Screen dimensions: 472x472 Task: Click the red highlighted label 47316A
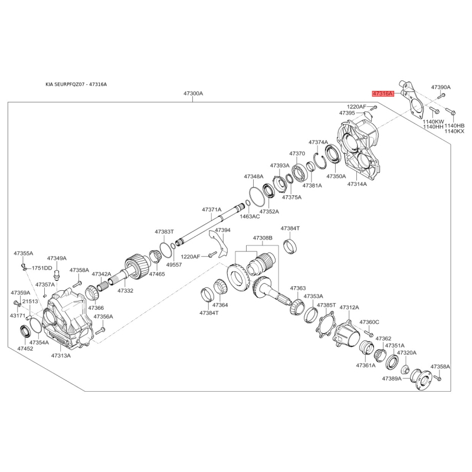click(383, 94)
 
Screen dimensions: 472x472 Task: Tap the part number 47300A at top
click(194, 94)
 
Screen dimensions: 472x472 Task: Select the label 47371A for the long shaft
click(212, 209)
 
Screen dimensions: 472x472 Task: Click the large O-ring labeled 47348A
click(256, 196)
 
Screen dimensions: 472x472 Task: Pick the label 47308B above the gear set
click(263, 238)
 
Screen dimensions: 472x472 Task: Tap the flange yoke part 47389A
click(421, 379)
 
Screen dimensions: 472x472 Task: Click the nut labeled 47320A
click(405, 369)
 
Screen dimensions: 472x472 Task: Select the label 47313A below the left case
click(61, 356)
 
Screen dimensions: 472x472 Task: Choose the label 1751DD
click(42, 268)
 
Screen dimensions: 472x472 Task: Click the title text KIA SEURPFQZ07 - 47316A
click(76, 84)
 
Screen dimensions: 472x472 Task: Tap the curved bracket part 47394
click(219, 244)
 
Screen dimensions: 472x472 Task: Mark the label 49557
click(174, 264)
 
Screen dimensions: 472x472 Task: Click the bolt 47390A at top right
click(441, 96)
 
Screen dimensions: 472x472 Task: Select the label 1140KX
click(454, 131)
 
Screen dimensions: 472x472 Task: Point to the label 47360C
click(369, 322)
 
